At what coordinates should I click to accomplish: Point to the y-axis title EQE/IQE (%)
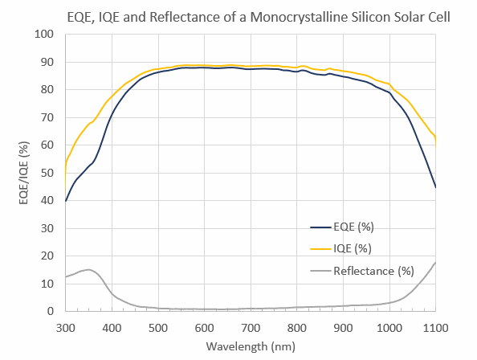click(x=23, y=172)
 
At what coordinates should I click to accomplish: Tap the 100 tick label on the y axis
click(x=45, y=35)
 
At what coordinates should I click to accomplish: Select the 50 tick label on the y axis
click(x=48, y=173)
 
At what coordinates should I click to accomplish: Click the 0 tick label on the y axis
click(x=51, y=312)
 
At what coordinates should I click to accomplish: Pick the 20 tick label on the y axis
click(x=48, y=256)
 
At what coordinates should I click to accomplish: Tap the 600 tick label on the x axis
click(x=204, y=327)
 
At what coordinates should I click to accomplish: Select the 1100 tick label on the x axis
click(x=435, y=327)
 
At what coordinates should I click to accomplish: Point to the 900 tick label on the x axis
click(x=343, y=327)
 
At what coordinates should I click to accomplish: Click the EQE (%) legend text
click(x=351, y=229)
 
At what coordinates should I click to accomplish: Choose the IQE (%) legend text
click(x=350, y=250)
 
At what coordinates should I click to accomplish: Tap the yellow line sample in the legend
click(x=321, y=250)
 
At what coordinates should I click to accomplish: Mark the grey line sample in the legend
click(x=321, y=271)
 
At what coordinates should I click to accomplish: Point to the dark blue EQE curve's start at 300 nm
click(x=66, y=200)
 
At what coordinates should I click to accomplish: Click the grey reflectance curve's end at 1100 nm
click(x=435, y=263)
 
